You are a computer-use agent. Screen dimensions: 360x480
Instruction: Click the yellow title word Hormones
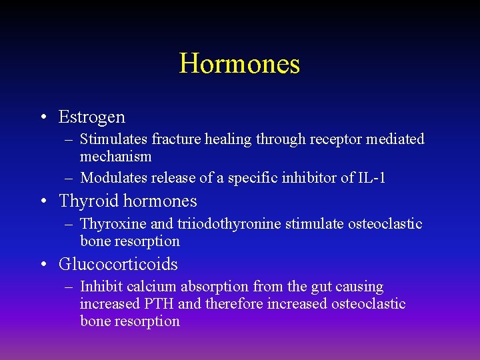coord(239,64)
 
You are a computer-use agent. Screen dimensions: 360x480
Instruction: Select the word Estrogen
coord(92,117)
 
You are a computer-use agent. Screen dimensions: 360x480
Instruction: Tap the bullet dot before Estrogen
coord(43,118)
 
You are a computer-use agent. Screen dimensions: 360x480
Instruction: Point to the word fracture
coord(173,139)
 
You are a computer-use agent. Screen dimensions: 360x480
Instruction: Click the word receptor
coord(333,139)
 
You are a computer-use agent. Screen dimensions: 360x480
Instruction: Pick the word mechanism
coord(116,157)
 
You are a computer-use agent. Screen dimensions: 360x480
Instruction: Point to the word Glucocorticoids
coord(118,265)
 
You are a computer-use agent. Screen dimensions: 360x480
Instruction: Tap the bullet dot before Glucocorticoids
coord(43,265)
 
